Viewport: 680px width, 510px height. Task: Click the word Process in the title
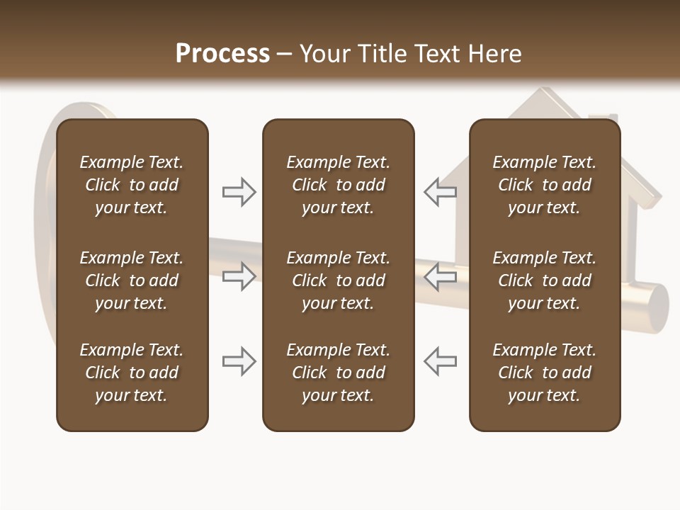pos(222,54)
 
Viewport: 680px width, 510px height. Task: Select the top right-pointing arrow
pos(239,192)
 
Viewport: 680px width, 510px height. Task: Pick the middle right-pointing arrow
pos(239,276)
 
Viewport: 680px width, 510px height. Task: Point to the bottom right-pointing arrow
pos(239,361)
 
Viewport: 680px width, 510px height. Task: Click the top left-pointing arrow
pos(441,192)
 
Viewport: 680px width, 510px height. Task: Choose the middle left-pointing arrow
pos(441,276)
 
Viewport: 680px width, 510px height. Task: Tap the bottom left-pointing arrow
pos(441,361)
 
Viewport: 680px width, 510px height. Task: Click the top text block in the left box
pos(132,185)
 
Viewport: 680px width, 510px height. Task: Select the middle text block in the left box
pos(132,280)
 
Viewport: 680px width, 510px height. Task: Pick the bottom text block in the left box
pos(132,373)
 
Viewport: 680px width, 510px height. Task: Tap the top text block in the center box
pos(338,185)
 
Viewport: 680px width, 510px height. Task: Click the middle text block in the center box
pos(338,280)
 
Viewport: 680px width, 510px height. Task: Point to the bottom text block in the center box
pos(338,373)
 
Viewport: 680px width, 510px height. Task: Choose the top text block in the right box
pos(544,185)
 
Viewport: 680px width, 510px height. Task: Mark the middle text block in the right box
pos(544,280)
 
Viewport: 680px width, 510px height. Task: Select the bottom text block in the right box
pos(544,373)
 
